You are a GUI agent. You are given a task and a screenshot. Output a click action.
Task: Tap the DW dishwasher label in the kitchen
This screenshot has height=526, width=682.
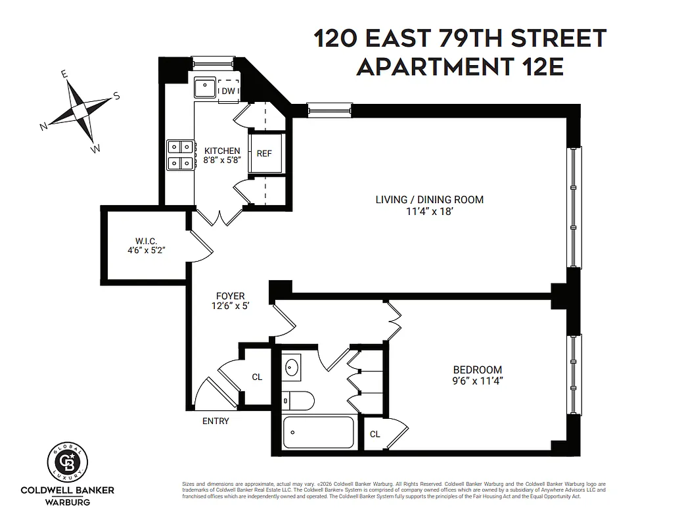[x=228, y=91]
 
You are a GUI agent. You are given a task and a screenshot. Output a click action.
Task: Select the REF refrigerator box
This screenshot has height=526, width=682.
[x=264, y=153]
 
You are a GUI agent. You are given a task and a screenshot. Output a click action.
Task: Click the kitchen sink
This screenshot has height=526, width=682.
[x=204, y=87]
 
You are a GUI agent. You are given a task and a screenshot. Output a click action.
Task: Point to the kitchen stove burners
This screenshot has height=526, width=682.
[x=181, y=155]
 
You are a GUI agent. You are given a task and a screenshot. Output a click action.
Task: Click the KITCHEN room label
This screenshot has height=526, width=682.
[x=222, y=151]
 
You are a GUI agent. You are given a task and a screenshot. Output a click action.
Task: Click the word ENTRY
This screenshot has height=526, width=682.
[x=216, y=421]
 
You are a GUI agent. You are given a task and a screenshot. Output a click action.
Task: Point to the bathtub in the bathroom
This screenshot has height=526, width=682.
[x=319, y=433]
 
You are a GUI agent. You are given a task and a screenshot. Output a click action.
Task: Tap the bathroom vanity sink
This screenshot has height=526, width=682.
[x=293, y=367]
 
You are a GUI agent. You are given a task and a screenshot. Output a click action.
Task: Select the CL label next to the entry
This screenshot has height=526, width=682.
[x=257, y=377]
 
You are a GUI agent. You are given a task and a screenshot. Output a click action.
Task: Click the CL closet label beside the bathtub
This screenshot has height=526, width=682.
[x=375, y=434]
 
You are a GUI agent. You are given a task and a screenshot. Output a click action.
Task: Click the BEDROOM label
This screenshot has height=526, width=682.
[x=477, y=370]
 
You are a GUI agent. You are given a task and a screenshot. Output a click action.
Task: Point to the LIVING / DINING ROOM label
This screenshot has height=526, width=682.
[x=429, y=199]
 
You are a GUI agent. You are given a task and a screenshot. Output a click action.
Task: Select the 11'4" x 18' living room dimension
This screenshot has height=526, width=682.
[x=429, y=212]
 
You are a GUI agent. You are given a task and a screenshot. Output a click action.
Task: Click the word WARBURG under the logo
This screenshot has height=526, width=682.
[x=68, y=502]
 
